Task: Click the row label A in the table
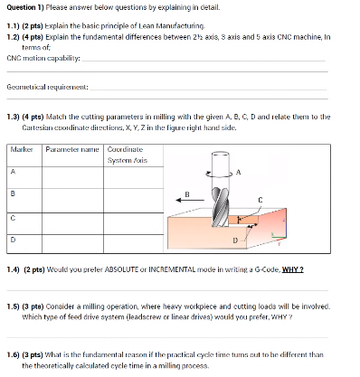(14, 171)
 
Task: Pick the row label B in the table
(14, 193)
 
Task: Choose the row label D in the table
(14, 240)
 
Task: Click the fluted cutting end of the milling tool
(218, 209)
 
